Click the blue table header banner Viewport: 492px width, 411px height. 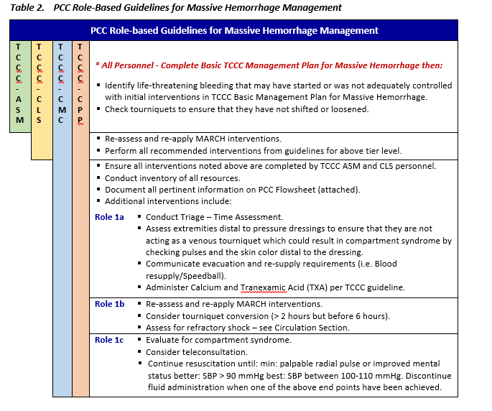[234, 31]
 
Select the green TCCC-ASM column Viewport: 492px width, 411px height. [19, 86]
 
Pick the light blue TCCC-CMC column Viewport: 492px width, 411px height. [61, 216]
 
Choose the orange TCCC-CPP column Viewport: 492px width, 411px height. [80, 216]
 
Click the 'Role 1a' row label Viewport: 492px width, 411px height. [109, 217]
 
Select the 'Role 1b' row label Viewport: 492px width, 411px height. [109, 305]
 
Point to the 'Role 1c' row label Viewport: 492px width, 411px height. [109, 340]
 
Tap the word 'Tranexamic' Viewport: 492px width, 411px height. [264, 287]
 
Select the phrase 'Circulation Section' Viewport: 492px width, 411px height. [310, 328]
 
